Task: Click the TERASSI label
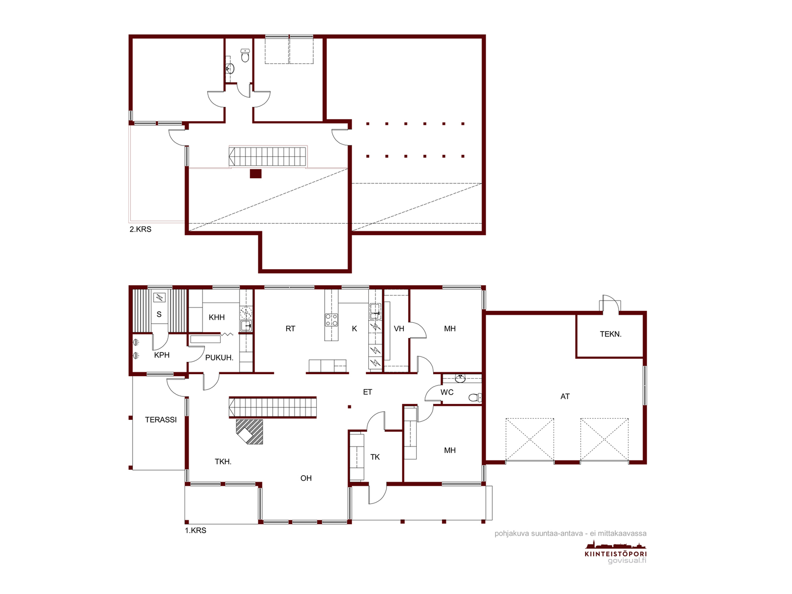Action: click(160, 419)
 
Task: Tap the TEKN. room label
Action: click(610, 334)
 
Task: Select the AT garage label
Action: click(565, 396)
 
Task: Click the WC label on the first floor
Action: click(446, 392)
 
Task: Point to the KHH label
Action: click(216, 317)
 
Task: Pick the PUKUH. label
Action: click(219, 357)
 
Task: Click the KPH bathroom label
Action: click(162, 355)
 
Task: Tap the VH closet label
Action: click(398, 329)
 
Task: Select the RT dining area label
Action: click(290, 329)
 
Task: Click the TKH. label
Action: click(223, 461)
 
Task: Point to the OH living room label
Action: click(305, 478)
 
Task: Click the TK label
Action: click(375, 457)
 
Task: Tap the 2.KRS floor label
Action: click(141, 229)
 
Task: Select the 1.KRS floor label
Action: click(196, 530)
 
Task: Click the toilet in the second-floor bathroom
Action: click(245, 55)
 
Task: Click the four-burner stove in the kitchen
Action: click(331, 320)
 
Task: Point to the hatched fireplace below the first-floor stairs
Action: click(249, 432)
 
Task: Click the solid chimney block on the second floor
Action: click(255, 174)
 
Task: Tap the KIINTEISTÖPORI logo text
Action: click(616, 553)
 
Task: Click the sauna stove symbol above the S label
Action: click(159, 297)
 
